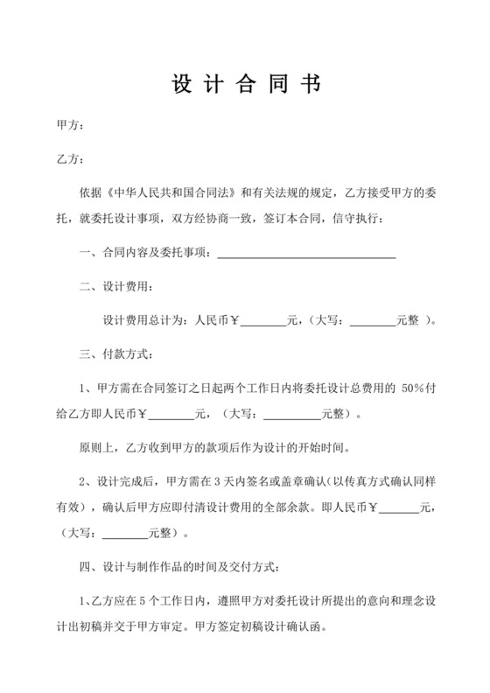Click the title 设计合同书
[245, 84]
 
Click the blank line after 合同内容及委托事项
[306, 254]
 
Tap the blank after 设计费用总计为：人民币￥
[263, 321]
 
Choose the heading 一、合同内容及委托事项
[143, 254]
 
